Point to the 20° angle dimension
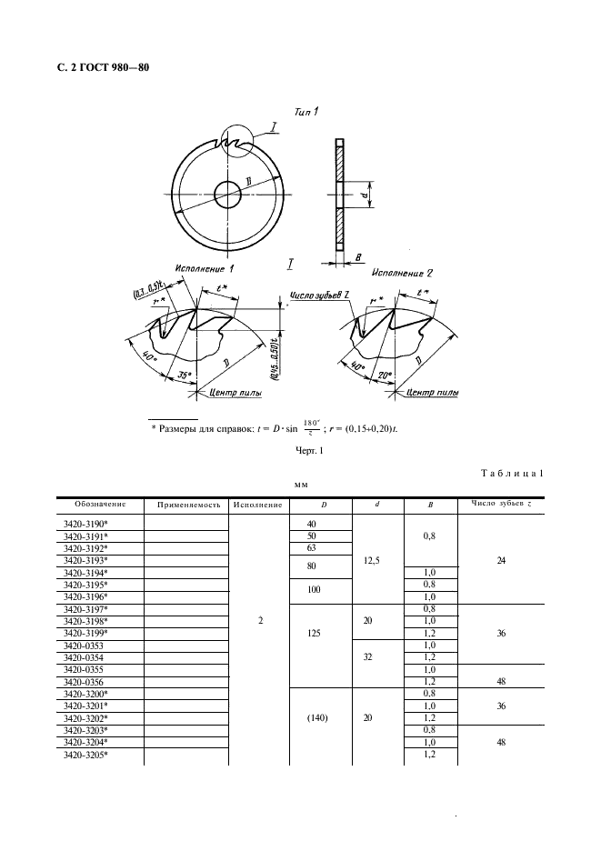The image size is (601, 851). coord(383,374)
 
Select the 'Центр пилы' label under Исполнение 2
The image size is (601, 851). coord(431,393)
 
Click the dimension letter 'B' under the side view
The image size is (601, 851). coord(360,257)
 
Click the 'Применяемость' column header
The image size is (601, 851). coord(189,505)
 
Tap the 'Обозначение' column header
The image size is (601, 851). coord(94,505)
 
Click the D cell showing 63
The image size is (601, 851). coord(314,549)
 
